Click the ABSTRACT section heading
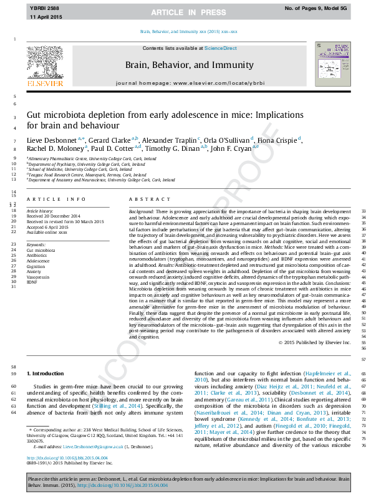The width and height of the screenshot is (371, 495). [x=147, y=199]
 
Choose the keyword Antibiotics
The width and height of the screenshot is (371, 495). [x=37, y=256]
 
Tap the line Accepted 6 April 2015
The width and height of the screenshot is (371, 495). [x=49, y=229]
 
